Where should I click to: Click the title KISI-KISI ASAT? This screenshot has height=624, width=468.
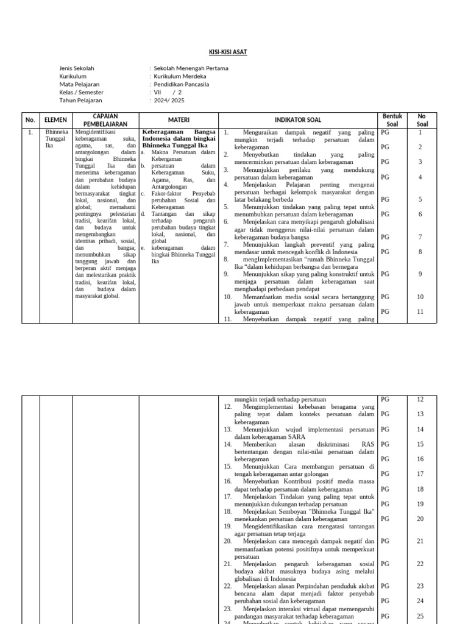(233, 53)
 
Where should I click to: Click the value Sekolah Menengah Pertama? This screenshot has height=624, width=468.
(189, 69)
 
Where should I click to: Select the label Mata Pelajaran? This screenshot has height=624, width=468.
(79, 85)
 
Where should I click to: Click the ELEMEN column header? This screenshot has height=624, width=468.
(56, 120)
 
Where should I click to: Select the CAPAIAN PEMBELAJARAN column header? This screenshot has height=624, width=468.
(105, 120)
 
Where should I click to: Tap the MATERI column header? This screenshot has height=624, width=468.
(179, 120)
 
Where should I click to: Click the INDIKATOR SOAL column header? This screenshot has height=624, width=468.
(298, 120)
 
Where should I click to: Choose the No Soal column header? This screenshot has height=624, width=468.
(422, 120)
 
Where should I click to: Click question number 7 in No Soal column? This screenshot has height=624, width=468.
(420, 237)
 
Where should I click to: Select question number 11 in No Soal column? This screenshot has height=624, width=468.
(420, 312)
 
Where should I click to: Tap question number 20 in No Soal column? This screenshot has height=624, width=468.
(420, 519)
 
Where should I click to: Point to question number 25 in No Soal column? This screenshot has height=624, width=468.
(420, 616)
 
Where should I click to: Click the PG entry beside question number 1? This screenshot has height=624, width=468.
(385, 132)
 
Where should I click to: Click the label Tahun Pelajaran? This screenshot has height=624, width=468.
(81, 101)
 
